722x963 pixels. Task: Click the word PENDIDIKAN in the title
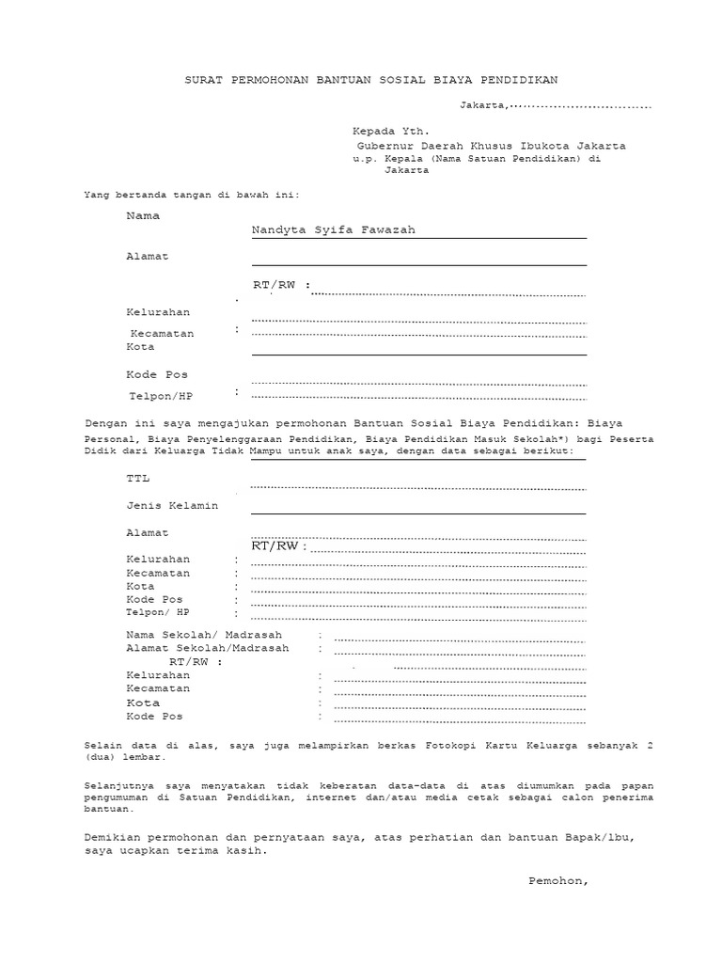532,81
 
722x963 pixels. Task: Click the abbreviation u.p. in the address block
364,160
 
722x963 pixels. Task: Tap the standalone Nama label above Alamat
143,215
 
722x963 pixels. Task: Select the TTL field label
138,479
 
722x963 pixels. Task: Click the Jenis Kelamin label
172,506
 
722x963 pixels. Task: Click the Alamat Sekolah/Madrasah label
208,649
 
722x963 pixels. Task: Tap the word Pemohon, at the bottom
558,881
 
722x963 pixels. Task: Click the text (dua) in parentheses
101,756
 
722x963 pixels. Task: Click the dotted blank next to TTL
418,488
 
